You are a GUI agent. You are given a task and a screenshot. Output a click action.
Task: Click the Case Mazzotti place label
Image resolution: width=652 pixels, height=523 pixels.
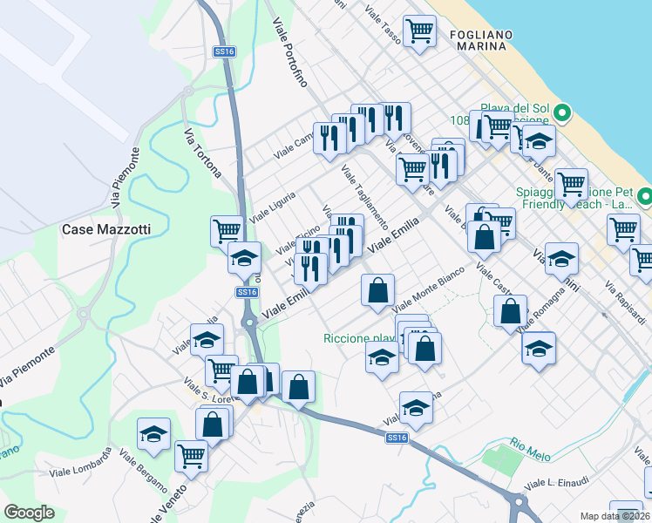pyautogui.click(x=105, y=229)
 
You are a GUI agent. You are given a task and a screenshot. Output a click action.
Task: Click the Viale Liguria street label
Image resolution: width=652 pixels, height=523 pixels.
pyautogui.click(x=274, y=203)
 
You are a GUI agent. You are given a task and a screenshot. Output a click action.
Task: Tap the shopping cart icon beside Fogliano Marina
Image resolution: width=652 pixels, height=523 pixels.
pyautogui.click(x=420, y=31)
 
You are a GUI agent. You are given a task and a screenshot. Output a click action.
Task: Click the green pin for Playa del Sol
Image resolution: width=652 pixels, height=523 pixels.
pyautogui.click(x=563, y=112)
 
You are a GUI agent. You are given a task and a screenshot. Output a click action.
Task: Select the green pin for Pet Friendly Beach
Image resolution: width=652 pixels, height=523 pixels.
pyautogui.click(x=644, y=196)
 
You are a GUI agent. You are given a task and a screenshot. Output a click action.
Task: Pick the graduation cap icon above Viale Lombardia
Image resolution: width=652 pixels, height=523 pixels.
pyautogui.click(x=154, y=433)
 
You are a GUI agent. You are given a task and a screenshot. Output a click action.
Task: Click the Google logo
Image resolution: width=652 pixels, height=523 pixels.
pyautogui.click(x=29, y=512)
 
